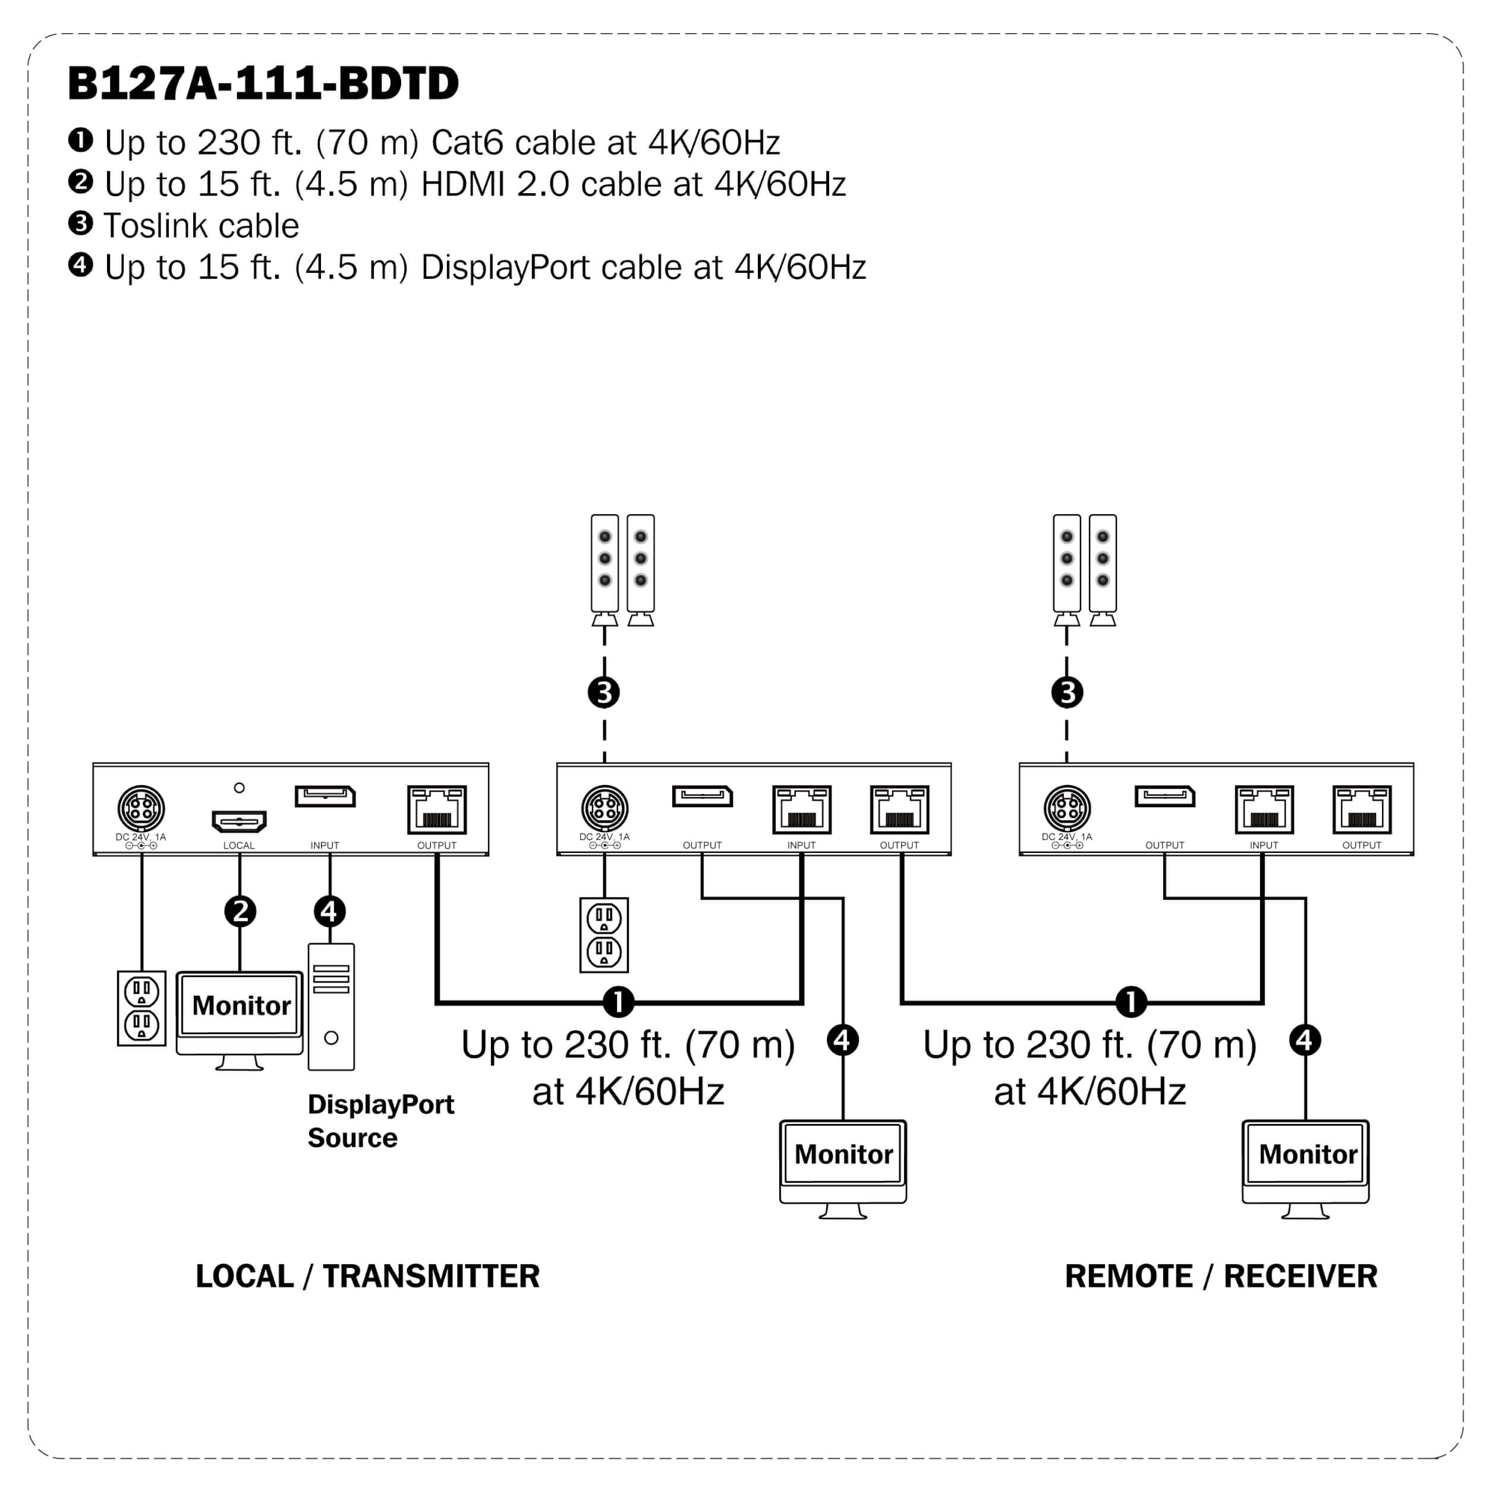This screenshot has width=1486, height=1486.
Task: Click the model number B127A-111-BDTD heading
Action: [263, 83]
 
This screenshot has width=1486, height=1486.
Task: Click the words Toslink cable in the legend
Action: [201, 226]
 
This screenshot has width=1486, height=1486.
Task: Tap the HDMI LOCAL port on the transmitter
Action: [239, 821]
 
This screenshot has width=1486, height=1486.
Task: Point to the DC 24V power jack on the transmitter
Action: [141, 808]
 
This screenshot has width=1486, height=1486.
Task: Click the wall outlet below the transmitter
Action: [141, 1008]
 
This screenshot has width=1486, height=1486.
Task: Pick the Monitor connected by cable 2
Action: [240, 1013]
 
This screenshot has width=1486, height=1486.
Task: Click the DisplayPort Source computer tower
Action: [330, 1007]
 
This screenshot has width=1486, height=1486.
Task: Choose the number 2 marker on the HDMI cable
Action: [240, 911]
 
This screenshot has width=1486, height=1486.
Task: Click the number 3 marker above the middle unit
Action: [604, 692]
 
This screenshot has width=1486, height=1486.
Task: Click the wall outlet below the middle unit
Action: [604, 934]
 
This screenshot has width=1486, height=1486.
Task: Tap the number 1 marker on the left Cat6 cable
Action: [618, 1002]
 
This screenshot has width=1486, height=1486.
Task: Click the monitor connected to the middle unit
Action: [843, 1162]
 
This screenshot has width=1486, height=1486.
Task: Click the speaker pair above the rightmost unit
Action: [1085, 569]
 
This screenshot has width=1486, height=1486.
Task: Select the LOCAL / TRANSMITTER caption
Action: [368, 1277]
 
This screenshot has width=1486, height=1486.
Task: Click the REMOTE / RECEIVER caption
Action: [1221, 1277]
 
